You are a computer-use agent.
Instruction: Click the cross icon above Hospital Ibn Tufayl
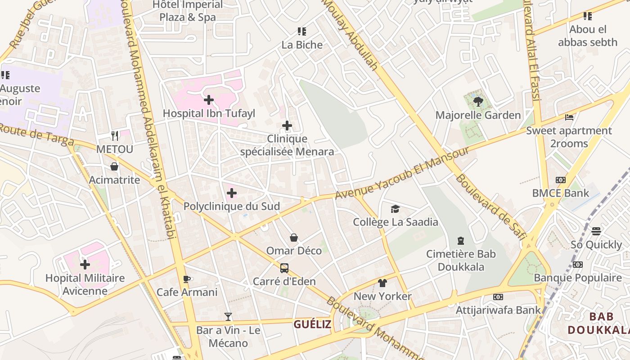(209, 99)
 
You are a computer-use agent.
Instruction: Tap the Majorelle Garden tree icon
(478, 101)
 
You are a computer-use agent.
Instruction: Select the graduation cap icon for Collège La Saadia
(395, 209)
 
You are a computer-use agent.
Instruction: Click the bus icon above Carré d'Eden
(284, 268)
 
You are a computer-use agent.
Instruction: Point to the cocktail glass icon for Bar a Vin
(228, 317)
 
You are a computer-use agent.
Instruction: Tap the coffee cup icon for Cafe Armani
(187, 279)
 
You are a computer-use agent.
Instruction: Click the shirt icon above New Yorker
(382, 283)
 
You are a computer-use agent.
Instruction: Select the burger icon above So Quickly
(596, 231)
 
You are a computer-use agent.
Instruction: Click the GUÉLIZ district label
(312, 324)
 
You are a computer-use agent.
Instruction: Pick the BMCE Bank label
(560, 193)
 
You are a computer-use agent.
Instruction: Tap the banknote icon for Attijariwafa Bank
(498, 297)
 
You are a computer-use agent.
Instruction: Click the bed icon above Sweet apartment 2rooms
(569, 117)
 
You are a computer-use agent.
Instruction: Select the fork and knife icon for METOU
(115, 135)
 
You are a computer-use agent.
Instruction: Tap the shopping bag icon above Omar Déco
(293, 237)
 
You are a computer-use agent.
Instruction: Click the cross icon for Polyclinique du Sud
(231, 193)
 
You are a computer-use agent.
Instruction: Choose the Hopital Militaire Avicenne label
(85, 284)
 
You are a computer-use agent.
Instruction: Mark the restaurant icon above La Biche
(302, 31)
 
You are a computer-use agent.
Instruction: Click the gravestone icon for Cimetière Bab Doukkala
(461, 241)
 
